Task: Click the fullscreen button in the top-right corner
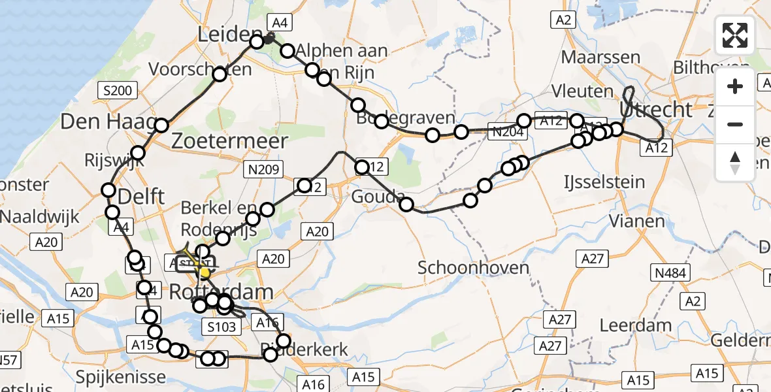pyautogui.click(x=735, y=35)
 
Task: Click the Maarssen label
pyautogui.click(x=600, y=57)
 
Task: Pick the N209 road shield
pyautogui.click(x=264, y=171)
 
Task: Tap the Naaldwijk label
pyautogui.click(x=39, y=216)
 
